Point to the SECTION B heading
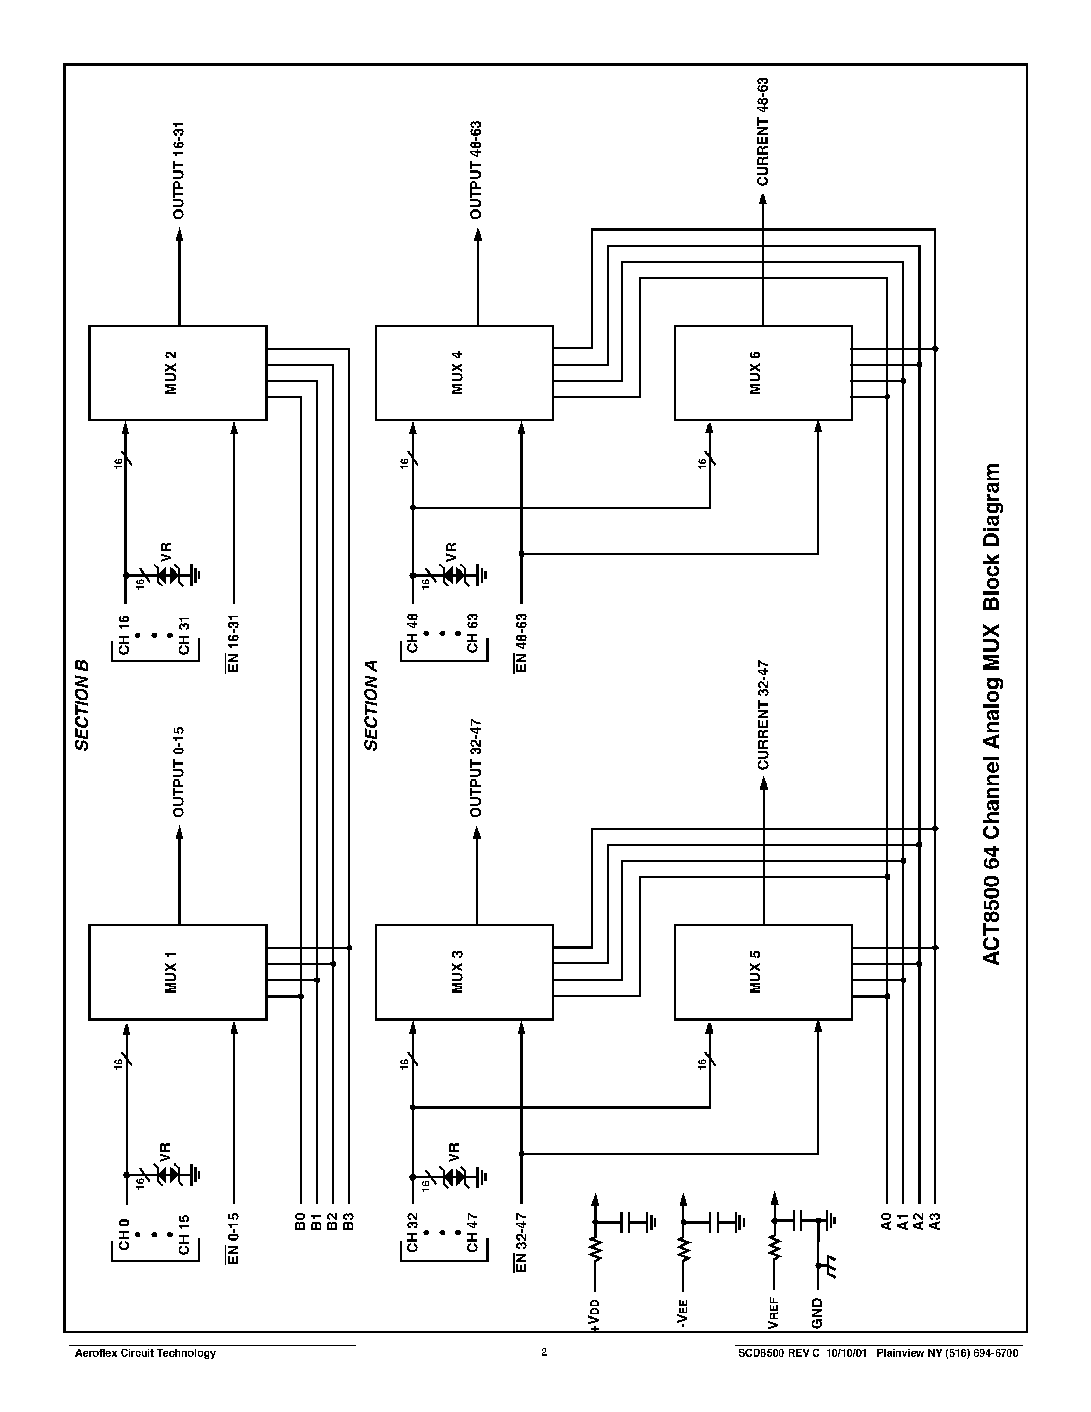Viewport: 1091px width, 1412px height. pos(82,704)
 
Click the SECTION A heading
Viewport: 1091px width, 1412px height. pos(371,704)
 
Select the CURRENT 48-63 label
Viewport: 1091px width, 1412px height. pos(763,132)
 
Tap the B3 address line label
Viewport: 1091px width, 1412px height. pos(349,1222)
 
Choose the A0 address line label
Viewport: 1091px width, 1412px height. pos(886,1222)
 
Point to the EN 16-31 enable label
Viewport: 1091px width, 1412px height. pos(233,643)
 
